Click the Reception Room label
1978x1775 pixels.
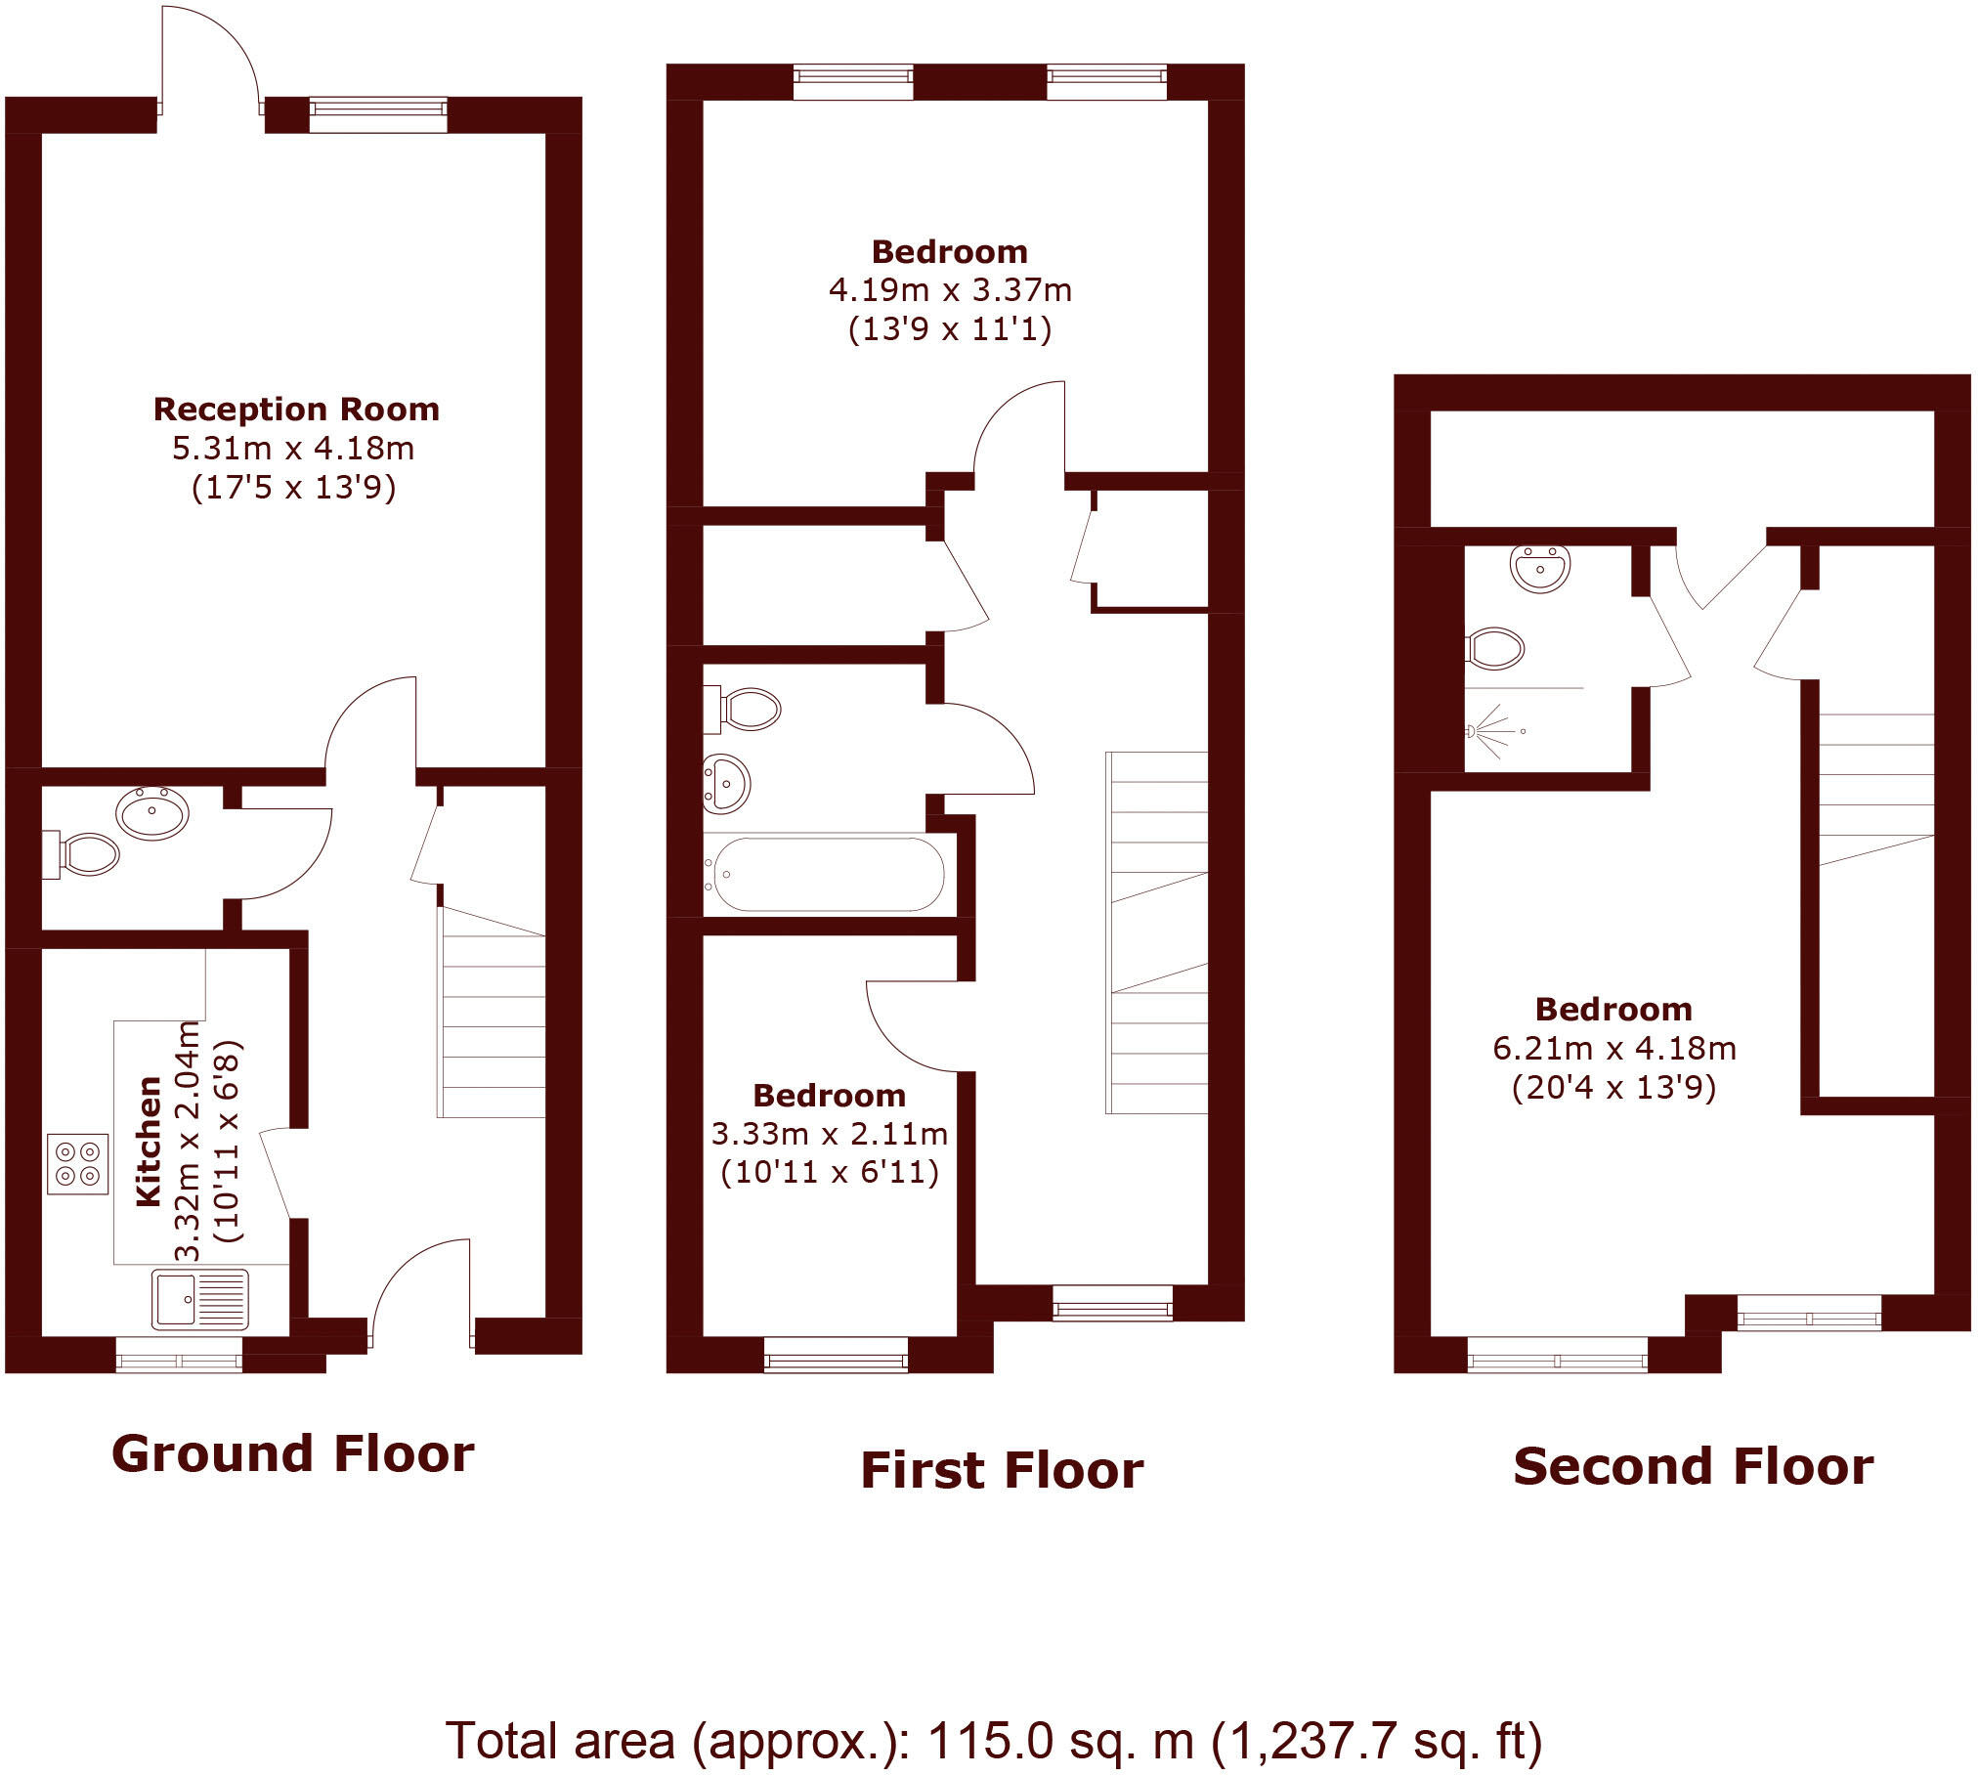(296, 409)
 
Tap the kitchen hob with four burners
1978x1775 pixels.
(77, 1163)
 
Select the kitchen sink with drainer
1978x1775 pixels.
(200, 1298)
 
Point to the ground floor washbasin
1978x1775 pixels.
(152, 812)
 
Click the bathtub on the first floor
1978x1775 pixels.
(828, 874)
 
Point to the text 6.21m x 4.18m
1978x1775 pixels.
(1614, 1048)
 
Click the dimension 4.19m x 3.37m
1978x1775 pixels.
(950, 290)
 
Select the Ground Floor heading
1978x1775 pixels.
(293, 1453)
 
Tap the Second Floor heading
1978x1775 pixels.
(1693, 1466)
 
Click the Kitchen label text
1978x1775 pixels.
(149, 1141)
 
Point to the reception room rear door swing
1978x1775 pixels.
(211, 54)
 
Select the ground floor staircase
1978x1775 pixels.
(492, 1012)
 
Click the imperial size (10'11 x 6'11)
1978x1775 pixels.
(830, 1171)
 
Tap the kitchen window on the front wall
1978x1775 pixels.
(179, 1356)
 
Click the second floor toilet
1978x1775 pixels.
(1495, 648)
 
